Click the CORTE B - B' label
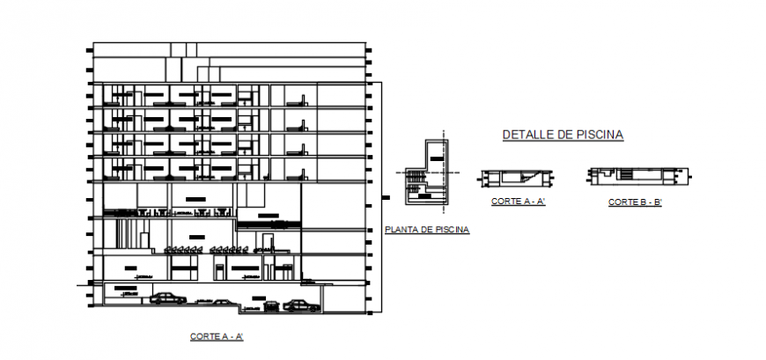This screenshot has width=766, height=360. [635, 202]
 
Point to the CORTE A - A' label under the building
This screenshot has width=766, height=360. [216, 337]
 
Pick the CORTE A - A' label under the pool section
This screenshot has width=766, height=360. [519, 202]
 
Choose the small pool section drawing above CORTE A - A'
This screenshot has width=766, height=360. [518, 179]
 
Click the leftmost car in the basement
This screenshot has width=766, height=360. [167, 298]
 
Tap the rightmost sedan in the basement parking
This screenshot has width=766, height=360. [301, 305]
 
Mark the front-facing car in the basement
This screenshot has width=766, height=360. [271, 306]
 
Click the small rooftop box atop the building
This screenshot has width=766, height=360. [183, 48]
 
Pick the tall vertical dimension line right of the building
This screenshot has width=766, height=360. [381, 198]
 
